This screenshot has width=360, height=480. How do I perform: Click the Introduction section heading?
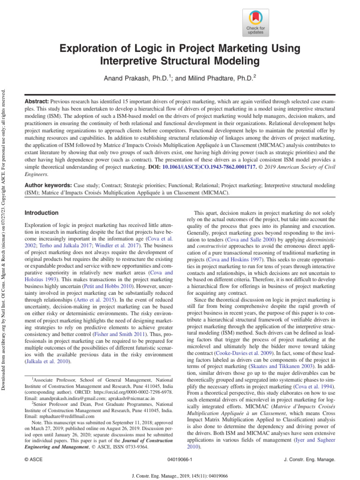41,213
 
